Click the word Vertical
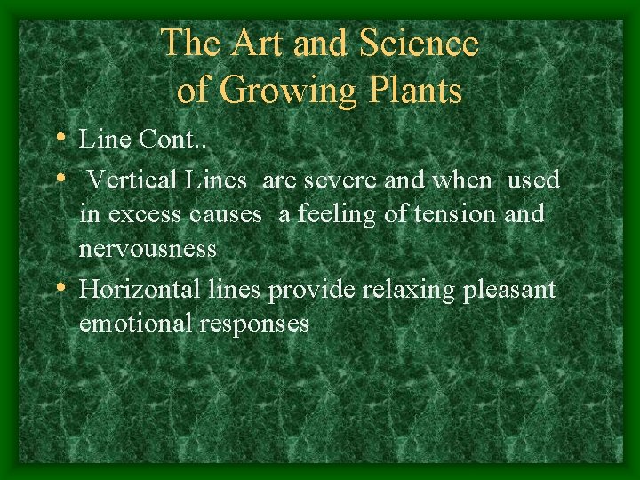tap(135, 180)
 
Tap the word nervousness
tap(148, 248)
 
